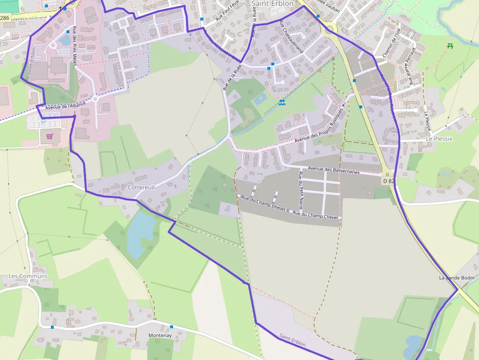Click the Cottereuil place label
pyautogui.click(x=141, y=188)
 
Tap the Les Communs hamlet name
pyautogui.click(x=28, y=276)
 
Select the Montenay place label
pyautogui.click(x=160, y=336)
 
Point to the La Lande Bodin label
pyautogui.click(x=457, y=278)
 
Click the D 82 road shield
pyautogui.click(x=388, y=181)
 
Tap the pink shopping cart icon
pyautogui.click(x=49, y=136)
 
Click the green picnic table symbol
pyautogui.click(x=450, y=46)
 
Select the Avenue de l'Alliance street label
pyautogui.click(x=65, y=106)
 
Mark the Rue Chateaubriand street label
pyautogui.click(x=292, y=37)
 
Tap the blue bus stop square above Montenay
pyautogui.click(x=172, y=327)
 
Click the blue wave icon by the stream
pyautogui.click(x=282, y=103)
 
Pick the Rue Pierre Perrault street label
pyautogui.click(x=409, y=62)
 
